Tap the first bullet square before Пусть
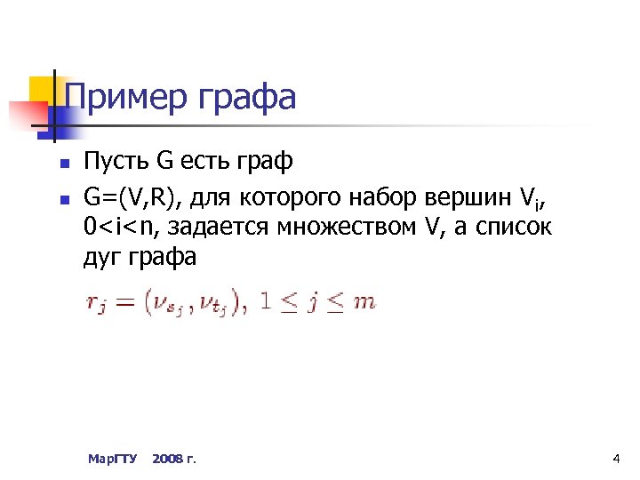61,164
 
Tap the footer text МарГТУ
112,459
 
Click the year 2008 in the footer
165,459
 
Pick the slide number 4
616,459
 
